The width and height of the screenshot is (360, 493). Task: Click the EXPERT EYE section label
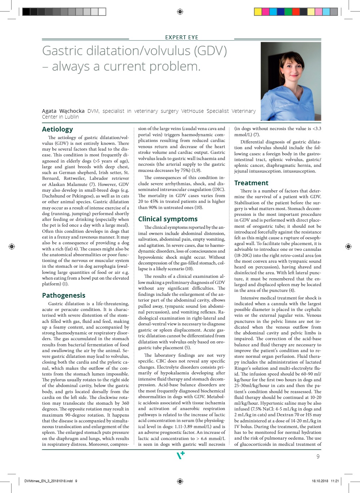(181, 37)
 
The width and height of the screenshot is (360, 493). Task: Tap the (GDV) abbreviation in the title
(211, 51)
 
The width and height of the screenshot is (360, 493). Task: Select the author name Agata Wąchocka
(63, 111)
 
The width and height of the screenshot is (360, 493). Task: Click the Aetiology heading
(57, 129)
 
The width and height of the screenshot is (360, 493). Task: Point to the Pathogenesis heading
(63, 296)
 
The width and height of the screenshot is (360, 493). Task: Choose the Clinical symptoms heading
(168, 219)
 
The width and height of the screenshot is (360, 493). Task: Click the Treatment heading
(251, 183)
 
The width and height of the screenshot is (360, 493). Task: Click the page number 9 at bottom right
(318, 456)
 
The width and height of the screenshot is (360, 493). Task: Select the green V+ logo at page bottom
(180, 455)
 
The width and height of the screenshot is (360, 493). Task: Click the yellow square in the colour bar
(258, 12)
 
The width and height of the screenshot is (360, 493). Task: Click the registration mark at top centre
(180, 12)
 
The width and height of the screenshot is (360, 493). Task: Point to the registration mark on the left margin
(12, 246)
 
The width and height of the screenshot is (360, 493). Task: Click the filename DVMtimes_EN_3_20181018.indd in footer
(48, 481)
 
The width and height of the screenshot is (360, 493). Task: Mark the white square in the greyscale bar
(102, 12)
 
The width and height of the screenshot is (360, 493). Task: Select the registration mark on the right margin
(348, 246)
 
